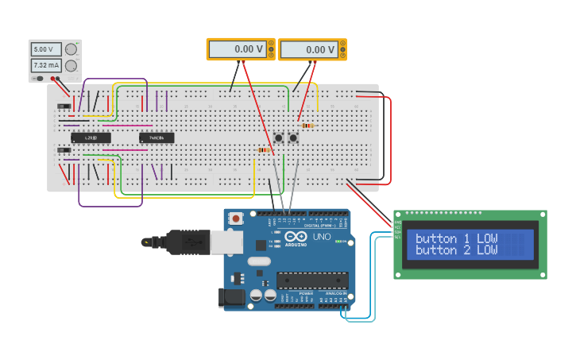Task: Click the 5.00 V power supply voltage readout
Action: pyautogui.click(x=45, y=49)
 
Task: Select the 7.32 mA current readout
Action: pyautogui.click(x=45, y=65)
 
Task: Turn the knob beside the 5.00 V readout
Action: pyautogui.click(x=72, y=49)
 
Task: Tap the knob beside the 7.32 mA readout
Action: pyautogui.click(x=72, y=65)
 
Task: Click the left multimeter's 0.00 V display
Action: pyautogui.click(x=237, y=49)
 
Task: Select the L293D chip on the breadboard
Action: pyautogui.click(x=91, y=137)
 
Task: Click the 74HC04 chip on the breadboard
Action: pyautogui.click(x=157, y=137)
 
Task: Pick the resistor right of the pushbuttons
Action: pyautogui.click(x=307, y=125)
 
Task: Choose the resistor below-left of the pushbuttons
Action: pyautogui.click(x=264, y=149)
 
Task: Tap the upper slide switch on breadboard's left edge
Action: pyautogui.click(x=64, y=106)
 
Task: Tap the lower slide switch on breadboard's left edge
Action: pyautogui.click(x=64, y=149)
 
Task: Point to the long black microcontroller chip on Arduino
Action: pyautogui.click(x=312, y=281)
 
